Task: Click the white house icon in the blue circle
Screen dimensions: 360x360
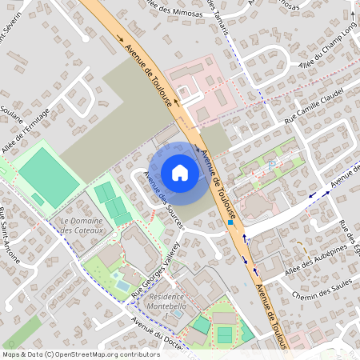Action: point(180,173)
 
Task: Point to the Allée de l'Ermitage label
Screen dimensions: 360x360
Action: point(26,130)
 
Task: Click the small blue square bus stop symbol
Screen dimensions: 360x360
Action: point(231,223)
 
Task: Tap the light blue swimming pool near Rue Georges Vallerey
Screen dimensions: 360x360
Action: point(121,283)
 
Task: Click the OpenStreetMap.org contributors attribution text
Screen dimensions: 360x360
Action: point(104,354)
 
